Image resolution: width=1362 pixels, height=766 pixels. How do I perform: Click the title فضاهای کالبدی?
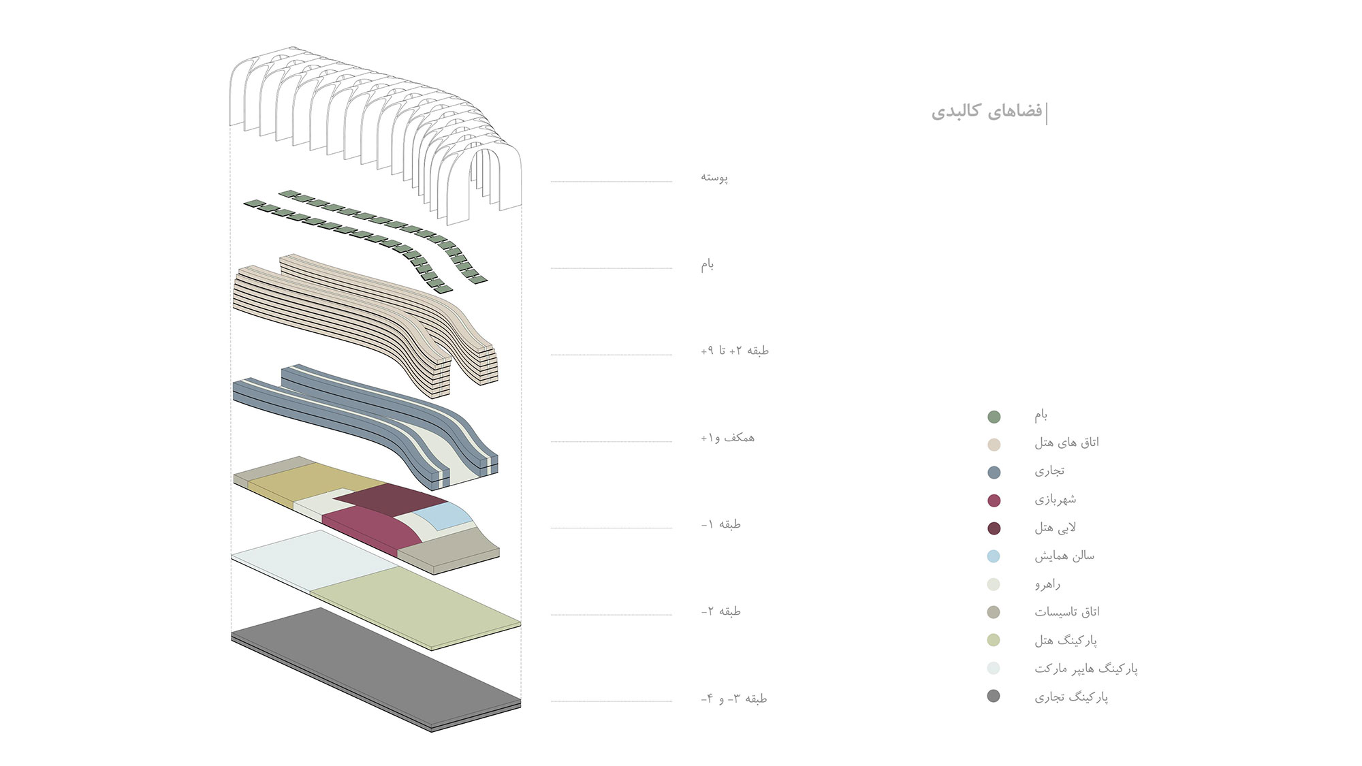pos(987,111)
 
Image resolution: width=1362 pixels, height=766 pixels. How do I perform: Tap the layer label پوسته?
pos(714,178)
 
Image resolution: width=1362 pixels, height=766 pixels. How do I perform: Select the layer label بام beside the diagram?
pos(708,264)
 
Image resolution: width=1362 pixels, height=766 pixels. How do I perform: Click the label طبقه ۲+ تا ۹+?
pos(735,351)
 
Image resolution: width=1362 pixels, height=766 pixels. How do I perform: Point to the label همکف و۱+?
pos(728,438)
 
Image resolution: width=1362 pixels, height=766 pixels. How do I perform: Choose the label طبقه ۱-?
pos(721,524)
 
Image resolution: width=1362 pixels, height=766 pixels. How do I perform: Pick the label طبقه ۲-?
pos(721,611)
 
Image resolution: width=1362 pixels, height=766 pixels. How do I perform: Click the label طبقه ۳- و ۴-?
pos(734,699)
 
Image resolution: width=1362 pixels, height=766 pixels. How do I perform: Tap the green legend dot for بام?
pos(994,417)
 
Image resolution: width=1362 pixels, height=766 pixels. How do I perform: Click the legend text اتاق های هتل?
pos(1066,443)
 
